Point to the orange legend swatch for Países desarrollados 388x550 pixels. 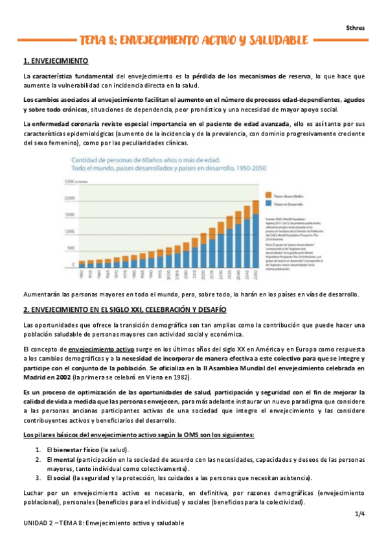(x=269, y=194)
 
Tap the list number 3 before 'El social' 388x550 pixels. (x=38, y=477)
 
